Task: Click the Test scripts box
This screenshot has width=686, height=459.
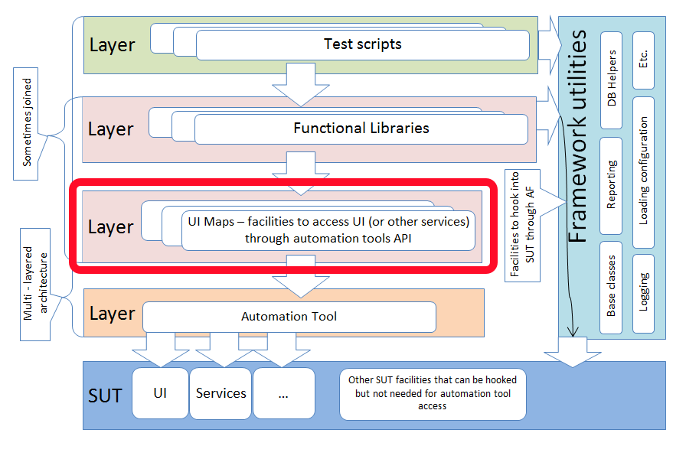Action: click(x=362, y=44)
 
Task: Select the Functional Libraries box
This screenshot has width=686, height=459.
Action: click(x=361, y=129)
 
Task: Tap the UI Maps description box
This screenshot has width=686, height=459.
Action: click(x=328, y=229)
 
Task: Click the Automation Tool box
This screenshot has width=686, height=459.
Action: click(x=289, y=316)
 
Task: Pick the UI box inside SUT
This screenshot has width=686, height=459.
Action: click(x=160, y=393)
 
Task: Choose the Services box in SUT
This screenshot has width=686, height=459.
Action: click(x=220, y=393)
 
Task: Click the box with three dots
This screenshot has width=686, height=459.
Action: click(x=283, y=393)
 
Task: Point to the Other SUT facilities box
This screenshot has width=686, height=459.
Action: click(x=433, y=392)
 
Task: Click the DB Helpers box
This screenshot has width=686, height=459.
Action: click(x=611, y=80)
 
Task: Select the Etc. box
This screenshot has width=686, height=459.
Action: click(x=643, y=58)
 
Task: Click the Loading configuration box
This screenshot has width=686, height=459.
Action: click(x=643, y=171)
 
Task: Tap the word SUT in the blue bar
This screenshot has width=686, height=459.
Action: click(x=105, y=396)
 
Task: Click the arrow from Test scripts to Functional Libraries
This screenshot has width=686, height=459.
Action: click(x=300, y=83)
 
